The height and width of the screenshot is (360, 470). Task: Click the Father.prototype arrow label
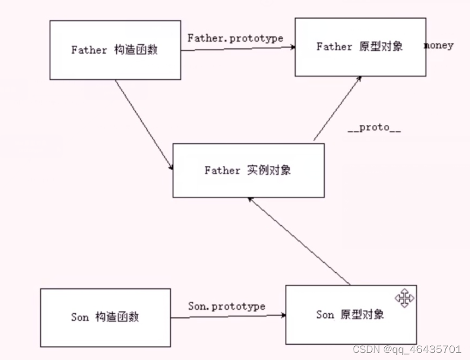(235, 38)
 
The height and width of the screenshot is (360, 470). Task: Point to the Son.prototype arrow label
(227, 306)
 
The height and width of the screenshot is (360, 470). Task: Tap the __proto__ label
(374, 128)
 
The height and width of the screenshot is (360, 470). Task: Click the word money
(439, 45)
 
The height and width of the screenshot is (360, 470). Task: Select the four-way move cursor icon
(404, 298)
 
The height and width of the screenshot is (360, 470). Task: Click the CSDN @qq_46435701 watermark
(407, 349)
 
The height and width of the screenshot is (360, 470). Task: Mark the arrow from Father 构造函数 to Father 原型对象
(238, 49)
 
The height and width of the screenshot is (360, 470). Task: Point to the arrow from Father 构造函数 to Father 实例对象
(143, 123)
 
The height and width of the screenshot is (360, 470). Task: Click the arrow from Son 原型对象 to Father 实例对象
(299, 241)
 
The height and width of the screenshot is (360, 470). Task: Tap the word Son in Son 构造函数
(79, 317)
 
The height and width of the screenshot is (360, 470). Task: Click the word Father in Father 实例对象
(222, 170)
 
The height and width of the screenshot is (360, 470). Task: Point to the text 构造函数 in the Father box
(136, 50)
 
